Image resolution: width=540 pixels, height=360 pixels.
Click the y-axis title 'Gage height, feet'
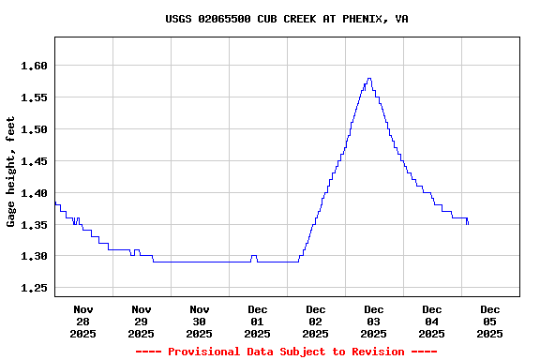(11, 172)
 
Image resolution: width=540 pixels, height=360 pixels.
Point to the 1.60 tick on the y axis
(34, 66)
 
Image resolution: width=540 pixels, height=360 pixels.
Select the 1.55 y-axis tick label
(34, 97)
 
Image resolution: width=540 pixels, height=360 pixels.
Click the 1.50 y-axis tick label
(34, 129)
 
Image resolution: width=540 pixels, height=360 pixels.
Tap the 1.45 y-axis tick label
(34, 161)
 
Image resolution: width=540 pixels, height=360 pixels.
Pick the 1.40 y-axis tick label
(34, 193)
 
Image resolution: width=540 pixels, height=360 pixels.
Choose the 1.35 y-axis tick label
(34, 225)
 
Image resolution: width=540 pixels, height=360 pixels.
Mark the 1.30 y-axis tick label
(34, 257)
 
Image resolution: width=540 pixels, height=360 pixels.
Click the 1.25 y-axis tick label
(34, 289)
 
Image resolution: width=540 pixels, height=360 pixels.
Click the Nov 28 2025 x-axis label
(83, 321)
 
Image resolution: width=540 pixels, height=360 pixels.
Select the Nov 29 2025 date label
(142, 321)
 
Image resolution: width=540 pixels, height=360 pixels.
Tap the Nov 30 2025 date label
(200, 321)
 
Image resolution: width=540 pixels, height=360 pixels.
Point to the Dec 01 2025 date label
(258, 321)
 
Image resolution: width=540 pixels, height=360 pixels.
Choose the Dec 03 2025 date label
(374, 321)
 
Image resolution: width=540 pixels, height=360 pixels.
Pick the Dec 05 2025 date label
(490, 321)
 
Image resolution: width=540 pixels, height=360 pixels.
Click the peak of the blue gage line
(369, 79)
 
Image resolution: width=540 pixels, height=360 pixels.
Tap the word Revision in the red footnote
(374, 352)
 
